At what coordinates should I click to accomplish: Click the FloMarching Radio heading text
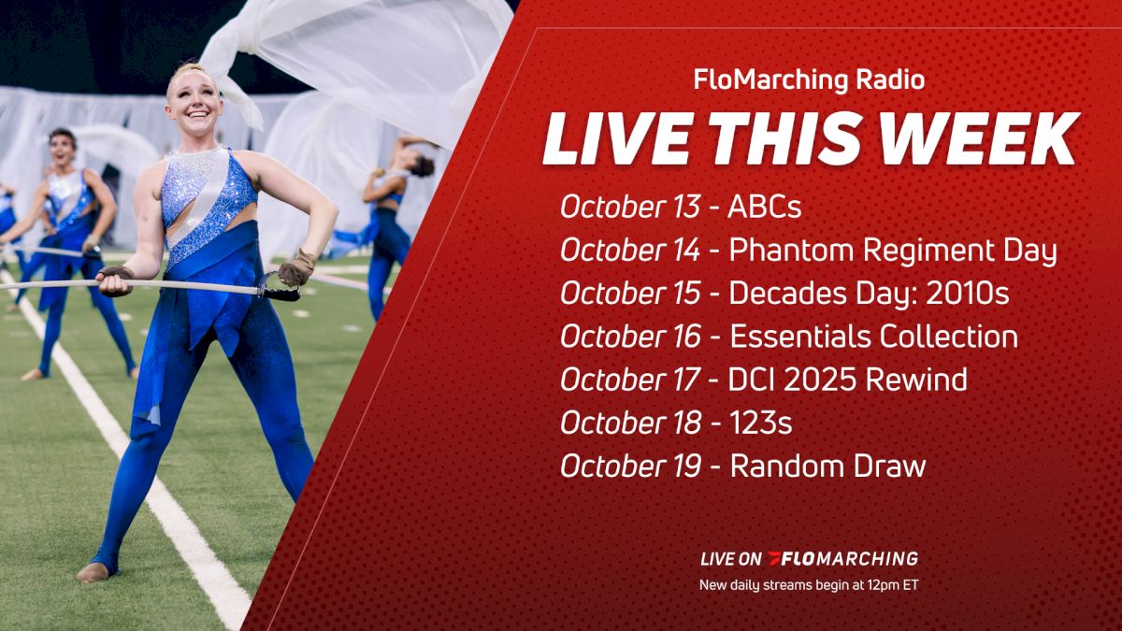(809, 80)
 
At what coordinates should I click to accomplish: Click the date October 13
(628, 208)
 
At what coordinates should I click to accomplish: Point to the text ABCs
(765, 208)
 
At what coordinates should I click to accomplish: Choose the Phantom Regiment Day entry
(892, 251)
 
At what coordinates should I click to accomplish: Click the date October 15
(628, 294)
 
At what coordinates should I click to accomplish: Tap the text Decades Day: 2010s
(869, 294)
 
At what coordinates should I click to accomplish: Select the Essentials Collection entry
(873, 337)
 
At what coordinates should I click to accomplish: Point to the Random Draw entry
(827, 466)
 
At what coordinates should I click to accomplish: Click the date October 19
(628, 466)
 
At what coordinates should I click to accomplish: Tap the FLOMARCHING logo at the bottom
(842, 559)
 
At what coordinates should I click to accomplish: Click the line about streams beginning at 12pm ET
(809, 587)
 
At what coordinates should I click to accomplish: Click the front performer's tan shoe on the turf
(93, 571)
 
